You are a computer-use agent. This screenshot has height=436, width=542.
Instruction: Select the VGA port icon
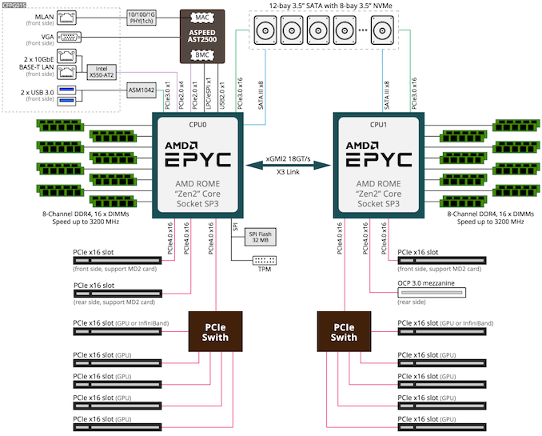[x=70, y=38]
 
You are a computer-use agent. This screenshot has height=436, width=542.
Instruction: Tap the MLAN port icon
[x=70, y=16]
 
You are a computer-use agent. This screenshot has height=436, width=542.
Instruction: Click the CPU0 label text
[x=197, y=124]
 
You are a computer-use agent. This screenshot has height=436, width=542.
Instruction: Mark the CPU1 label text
[x=377, y=124]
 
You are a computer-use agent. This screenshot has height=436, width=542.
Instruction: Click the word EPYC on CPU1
[x=377, y=158]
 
